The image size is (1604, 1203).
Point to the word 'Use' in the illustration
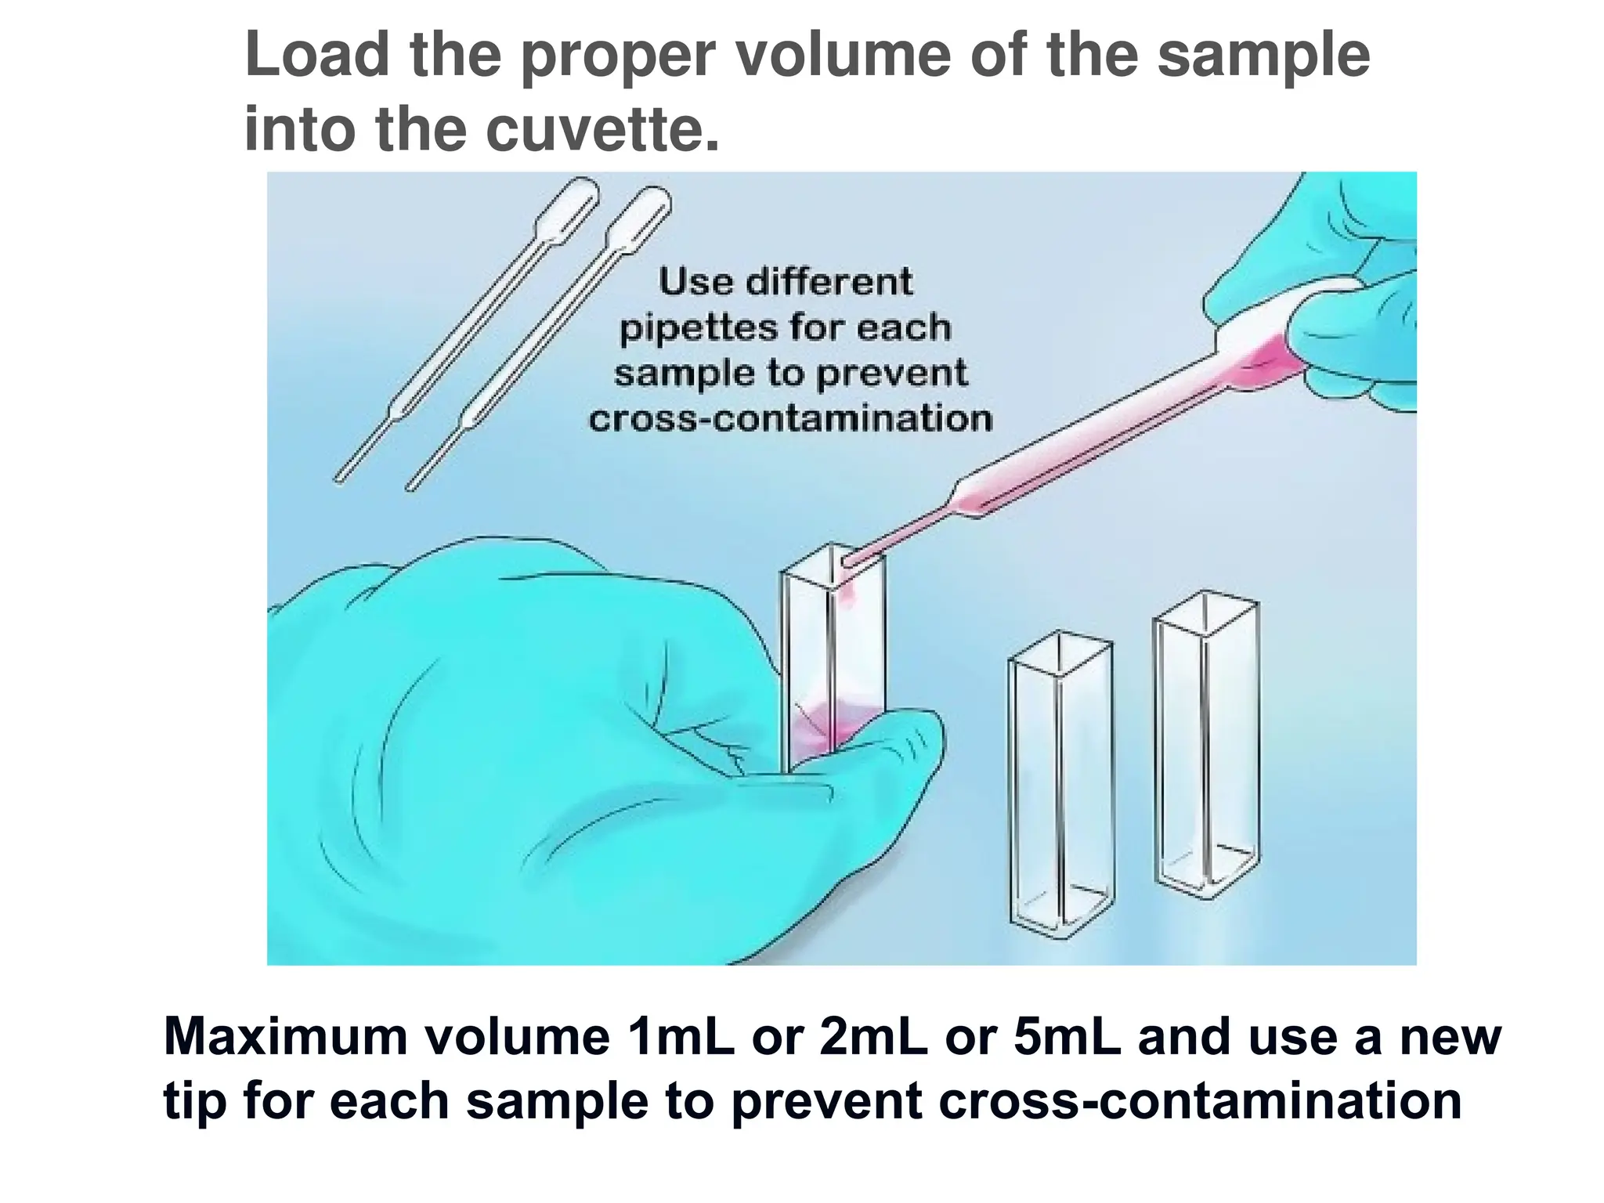694,282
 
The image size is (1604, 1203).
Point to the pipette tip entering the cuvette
851,561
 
